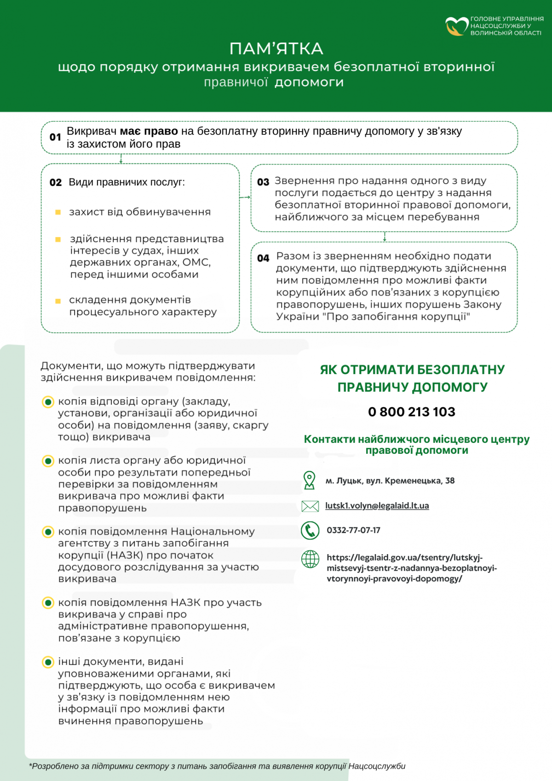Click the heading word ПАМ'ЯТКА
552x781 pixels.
click(x=276, y=48)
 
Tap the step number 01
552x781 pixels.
click(x=55, y=137)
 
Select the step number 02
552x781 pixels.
click(x=56, y=183)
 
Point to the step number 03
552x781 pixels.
click(x=263, y=182)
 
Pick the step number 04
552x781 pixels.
click(x=263, y=258)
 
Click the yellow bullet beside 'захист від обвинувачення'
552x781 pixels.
click(x=58, y=212)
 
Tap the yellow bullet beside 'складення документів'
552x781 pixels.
click(x=58, y=301)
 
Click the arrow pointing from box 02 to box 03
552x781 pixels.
click(x=245, y=197)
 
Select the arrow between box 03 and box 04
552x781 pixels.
click(x=385, y=237)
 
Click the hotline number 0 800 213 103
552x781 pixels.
click(x=412, y=411)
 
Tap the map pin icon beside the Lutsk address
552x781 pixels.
click(x=310, y=480)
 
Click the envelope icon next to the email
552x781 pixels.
click(x=310, y=506)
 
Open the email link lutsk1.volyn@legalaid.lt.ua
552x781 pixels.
click(x=377, y=506)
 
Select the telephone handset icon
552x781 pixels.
click(x=310, y=531)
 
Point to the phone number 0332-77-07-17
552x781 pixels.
click(x=353, y=530)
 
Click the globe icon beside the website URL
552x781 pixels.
click(x=310, y=559)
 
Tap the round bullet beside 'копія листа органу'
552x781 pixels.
click(x=48, y=461)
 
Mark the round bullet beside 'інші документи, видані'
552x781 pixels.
click(x=48, y=662)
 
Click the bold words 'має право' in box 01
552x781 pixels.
click(x=149, y=131)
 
